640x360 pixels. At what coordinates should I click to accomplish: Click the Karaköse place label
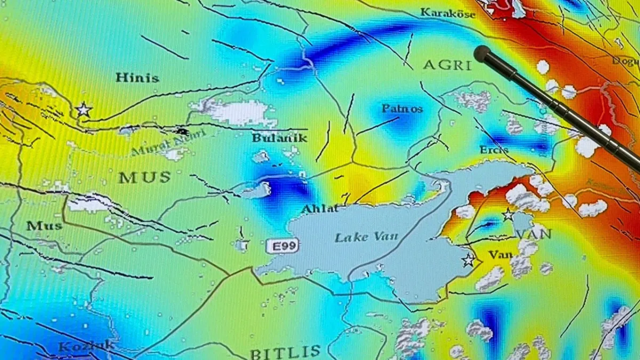pos(447,13)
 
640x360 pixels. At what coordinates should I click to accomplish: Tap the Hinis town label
pos(137,78)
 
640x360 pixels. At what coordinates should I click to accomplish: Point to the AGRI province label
pos(447,65)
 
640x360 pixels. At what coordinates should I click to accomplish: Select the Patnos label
pos(402,109)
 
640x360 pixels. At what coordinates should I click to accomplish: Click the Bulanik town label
pos(280,138)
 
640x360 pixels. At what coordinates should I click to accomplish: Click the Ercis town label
pos(494,150)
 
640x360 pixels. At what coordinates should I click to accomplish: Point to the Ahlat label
pos(320,209)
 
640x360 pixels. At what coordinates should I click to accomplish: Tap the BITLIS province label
pos(285,351)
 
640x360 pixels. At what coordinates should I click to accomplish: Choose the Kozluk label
pos(86,346)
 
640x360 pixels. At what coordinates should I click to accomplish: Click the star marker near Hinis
pos(83,110)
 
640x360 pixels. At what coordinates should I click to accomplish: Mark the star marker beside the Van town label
pos(469,260)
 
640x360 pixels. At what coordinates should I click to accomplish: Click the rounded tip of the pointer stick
pos(482,53)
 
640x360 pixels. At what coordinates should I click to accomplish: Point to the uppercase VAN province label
pos(534,234)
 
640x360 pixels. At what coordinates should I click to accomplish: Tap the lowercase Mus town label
pos(44,226)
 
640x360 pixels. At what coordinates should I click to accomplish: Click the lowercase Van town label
pos(500,255)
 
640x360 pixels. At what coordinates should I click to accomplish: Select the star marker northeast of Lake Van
pos(508,215)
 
